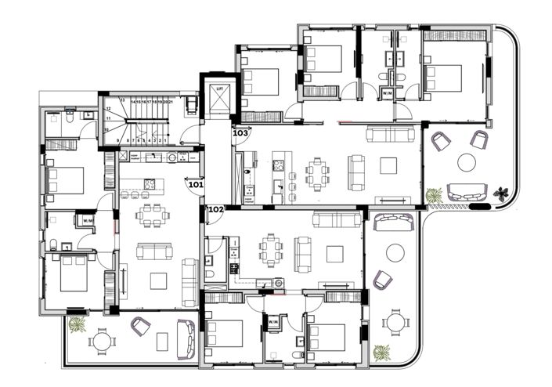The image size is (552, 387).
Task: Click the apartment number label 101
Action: coord(196,186)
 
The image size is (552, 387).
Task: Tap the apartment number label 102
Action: coord(217,209)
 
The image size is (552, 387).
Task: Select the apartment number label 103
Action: coord(240,133)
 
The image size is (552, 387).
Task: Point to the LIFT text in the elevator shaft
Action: coord(218,89)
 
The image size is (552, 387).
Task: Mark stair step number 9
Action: coord(117,140)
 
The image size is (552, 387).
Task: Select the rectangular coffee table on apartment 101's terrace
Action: coord(163,342)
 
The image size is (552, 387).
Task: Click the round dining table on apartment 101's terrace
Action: coord(102,341)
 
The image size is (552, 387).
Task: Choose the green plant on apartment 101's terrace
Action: coord(77,324)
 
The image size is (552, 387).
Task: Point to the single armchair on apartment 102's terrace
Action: coord(383,280)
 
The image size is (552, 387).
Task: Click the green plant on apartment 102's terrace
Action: coord(381,353)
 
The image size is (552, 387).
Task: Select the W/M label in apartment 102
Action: coord(273,321)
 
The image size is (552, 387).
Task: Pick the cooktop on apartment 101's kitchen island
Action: coord(150,184)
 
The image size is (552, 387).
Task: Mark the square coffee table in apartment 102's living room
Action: coord(335,253)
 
